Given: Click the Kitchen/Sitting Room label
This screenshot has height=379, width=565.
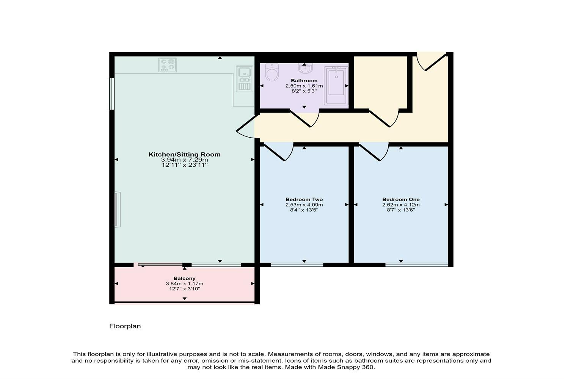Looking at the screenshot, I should (x=184, y=154).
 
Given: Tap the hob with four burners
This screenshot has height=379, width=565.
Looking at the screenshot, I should (x=168, y=65).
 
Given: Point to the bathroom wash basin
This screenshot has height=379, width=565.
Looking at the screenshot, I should (x=304, y=69).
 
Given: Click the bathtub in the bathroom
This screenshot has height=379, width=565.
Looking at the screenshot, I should (x=336, y=85).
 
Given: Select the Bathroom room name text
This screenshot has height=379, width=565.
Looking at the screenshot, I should (x=304, y=81).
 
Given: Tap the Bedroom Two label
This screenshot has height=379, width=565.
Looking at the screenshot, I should (x=304, y=199).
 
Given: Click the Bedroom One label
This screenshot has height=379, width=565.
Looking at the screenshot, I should (x=401, y=199).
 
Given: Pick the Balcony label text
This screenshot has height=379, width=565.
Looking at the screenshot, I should (x=184, y=278).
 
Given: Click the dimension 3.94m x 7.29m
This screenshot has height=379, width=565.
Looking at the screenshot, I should (x=184, y=160).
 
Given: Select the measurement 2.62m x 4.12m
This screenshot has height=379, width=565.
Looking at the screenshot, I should (x=401, y=205).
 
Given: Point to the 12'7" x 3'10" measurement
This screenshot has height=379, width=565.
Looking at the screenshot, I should (x=184, y=289).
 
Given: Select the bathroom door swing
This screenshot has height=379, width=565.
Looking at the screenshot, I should (x=306, y=118).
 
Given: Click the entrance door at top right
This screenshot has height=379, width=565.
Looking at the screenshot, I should (x=430, y=61).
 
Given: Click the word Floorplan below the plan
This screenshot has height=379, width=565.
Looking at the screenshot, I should (x=125, y=326).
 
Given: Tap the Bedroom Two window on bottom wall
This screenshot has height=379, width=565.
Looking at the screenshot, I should (x=297, y=264).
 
